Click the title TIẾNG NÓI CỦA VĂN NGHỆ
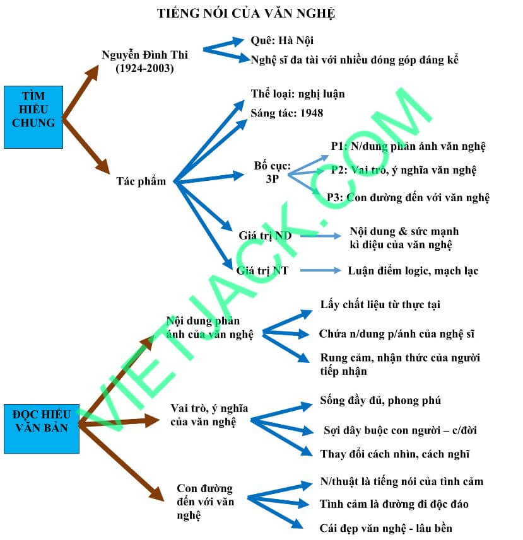[x=246, y=13]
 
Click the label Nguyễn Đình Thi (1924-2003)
[x=144, y=61]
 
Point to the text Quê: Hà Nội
[x=282, y=41]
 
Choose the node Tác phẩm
[x=141, y=181]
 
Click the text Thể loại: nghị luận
[x=298, y=94]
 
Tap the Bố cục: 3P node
[x=273, y=172]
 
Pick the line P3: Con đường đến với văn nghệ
[x=408, y=197]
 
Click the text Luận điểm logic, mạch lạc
[x=413, y=271]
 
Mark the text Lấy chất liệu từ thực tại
[x=380, y=305]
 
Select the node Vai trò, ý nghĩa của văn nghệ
[x=209, y=415]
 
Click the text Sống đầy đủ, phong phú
[x=380, y=401]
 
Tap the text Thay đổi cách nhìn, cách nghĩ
[x=395, y=454]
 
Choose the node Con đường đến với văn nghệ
[x=204, y=502]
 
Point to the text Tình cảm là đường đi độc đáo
[x=394, y=504]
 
